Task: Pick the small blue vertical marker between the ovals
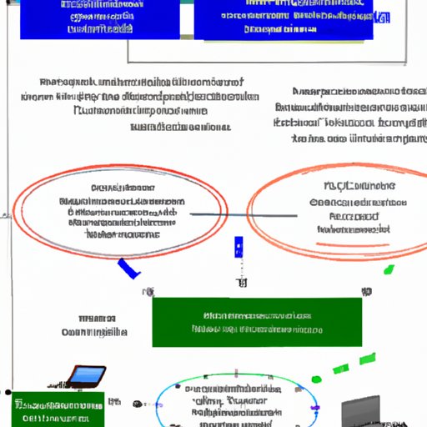(x=239, y=246)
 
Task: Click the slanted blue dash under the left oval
(x=128, y=268)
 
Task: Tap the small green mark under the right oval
(x=389, y=269)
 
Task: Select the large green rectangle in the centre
(x=257, y=322)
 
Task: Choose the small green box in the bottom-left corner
(x=58, y=409)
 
